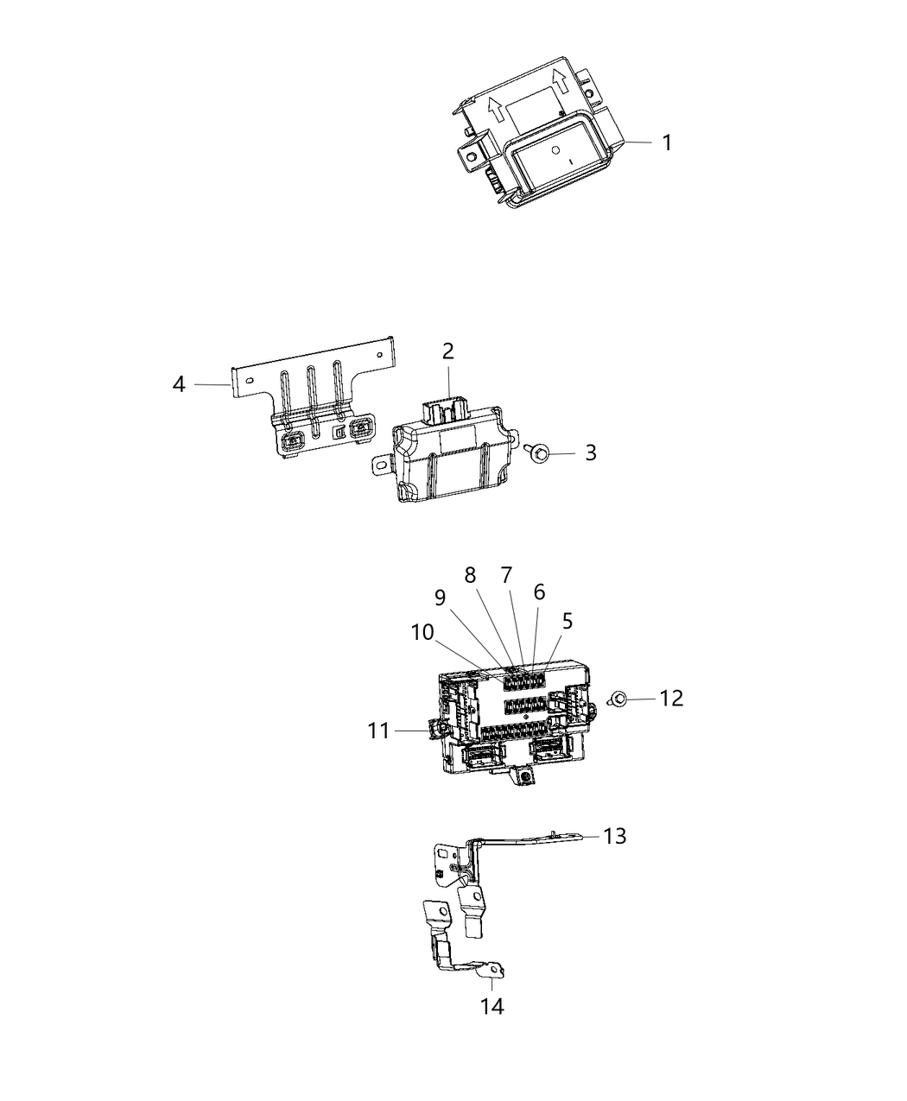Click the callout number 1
(666, 142)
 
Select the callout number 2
(448, 351)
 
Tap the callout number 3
(590, 452)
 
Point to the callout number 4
(179, 383)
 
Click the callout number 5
(568, 620)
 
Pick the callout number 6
(540, 592)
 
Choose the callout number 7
(506, 574)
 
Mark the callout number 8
(471, 574)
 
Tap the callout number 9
(440, 598)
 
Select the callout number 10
(422, 632)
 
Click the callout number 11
(378, 731)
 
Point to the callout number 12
(671, 698)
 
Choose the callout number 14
(493, 1005)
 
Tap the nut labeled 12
(618, 699)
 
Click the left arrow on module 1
(497, 109)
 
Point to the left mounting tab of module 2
(380, 464)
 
